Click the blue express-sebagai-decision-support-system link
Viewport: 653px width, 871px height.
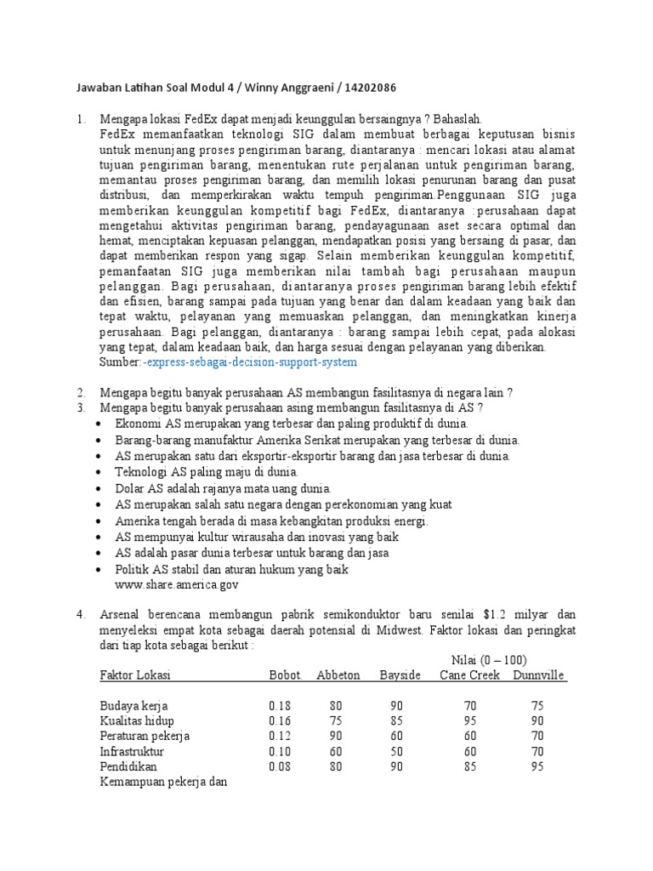click(250, 362)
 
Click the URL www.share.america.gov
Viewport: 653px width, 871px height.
click(177, 585)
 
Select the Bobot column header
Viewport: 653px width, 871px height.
click(286, 675)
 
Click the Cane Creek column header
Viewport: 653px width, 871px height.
click(470, 675)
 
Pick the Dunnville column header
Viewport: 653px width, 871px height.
click(538, 675)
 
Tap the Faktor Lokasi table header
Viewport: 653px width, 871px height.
click(134, 675)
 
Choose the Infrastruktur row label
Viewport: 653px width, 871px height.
click(132, 752)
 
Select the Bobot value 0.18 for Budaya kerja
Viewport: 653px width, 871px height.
click(280, 706)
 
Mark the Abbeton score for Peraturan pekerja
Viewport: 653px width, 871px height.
click(338, 737)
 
